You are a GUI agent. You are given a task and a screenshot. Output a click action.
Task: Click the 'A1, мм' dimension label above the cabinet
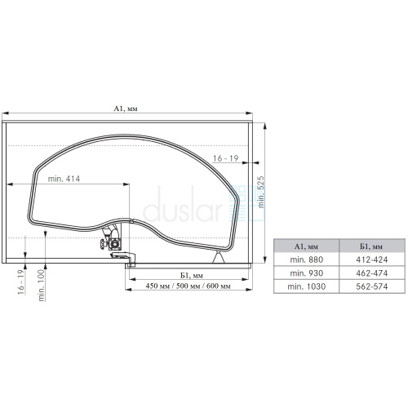[126, 109]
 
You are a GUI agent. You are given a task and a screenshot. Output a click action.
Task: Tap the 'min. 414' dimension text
[64, 179]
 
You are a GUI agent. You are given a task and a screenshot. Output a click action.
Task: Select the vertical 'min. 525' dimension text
[261, 192]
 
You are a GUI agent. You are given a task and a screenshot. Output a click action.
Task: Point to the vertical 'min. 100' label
[42, 285]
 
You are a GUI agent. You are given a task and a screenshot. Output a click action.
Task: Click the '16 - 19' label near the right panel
[225, 158]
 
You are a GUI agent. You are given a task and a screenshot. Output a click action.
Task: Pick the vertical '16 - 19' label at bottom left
[21, 282]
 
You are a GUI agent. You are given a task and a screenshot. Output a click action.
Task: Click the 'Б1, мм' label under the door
[192, 276]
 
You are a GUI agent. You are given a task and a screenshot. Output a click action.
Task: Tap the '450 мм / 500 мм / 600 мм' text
[188, 286]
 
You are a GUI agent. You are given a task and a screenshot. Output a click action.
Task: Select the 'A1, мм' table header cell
[306, 246]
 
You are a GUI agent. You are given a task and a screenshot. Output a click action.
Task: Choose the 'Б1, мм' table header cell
[372, 246]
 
